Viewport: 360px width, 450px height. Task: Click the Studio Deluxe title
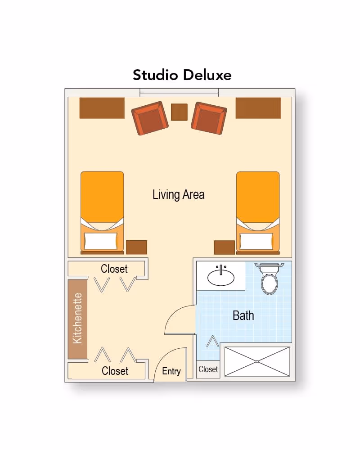tap(182, 75)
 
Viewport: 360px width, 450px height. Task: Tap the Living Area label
tap(178, 195)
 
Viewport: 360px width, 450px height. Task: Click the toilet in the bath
tap(269, 280)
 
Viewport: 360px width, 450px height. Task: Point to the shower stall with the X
tap(257, 361)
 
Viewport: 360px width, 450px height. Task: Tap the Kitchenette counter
tap(77, 319)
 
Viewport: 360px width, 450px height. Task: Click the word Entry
tap(171, 371)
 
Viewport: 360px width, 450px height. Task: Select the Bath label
tap(243, 315)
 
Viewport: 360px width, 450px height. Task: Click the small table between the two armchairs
tap(179, 112)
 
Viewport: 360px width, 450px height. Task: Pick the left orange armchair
tap(148, 118)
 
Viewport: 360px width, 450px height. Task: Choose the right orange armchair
tap(208, 118)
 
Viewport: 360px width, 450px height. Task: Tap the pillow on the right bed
tap(256, 241)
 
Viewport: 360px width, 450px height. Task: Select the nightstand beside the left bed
tap(136, 247)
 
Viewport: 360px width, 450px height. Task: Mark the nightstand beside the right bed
tap(224, 247)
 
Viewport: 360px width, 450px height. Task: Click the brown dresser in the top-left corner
tap(102, 108)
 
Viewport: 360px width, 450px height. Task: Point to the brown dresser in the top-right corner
tap(258, 108)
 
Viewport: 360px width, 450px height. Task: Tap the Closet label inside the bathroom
tap(208, 369)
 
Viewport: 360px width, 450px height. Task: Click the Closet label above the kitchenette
tap(114, 269)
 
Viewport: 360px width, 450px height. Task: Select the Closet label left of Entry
tap(115, 371)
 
